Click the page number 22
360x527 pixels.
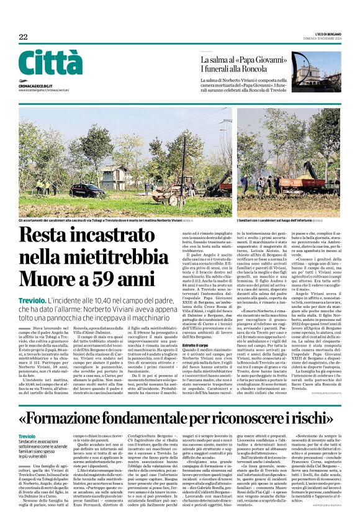pos(23,37)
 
